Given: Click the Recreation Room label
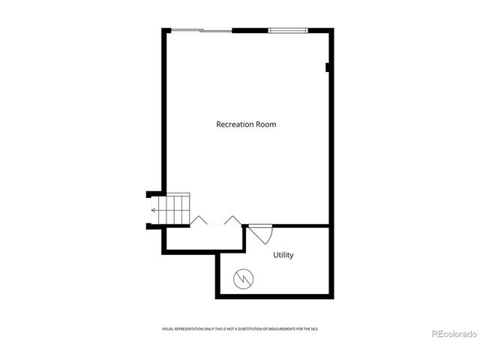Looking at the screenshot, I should [x=246, y=124].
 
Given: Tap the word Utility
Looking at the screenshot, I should [x=283, y=255].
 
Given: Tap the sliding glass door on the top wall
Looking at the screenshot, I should [x=201, y=30].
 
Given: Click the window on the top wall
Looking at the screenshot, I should [x=288, y=30].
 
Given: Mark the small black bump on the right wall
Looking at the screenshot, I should [x=328, y=67].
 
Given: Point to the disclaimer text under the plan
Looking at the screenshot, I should [x=246, y=328].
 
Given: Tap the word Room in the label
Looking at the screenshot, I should [x=265, y=124].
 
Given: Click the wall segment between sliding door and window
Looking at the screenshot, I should [x=250, y=30].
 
